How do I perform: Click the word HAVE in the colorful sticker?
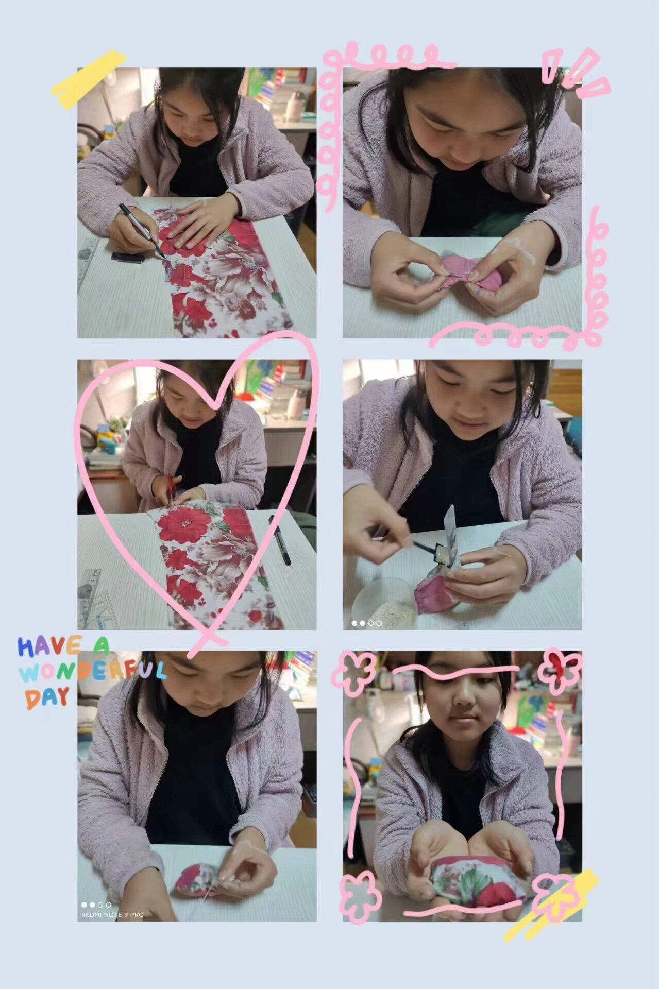click(49, 646)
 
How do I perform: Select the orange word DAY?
click(47, 697)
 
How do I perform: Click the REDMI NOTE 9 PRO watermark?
click(112, 915)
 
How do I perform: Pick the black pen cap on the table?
click(127, 257)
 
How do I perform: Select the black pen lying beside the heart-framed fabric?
click(279, 540)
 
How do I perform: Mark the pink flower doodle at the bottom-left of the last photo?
click(360, 897)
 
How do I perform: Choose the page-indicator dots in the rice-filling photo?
click(366, 623)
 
